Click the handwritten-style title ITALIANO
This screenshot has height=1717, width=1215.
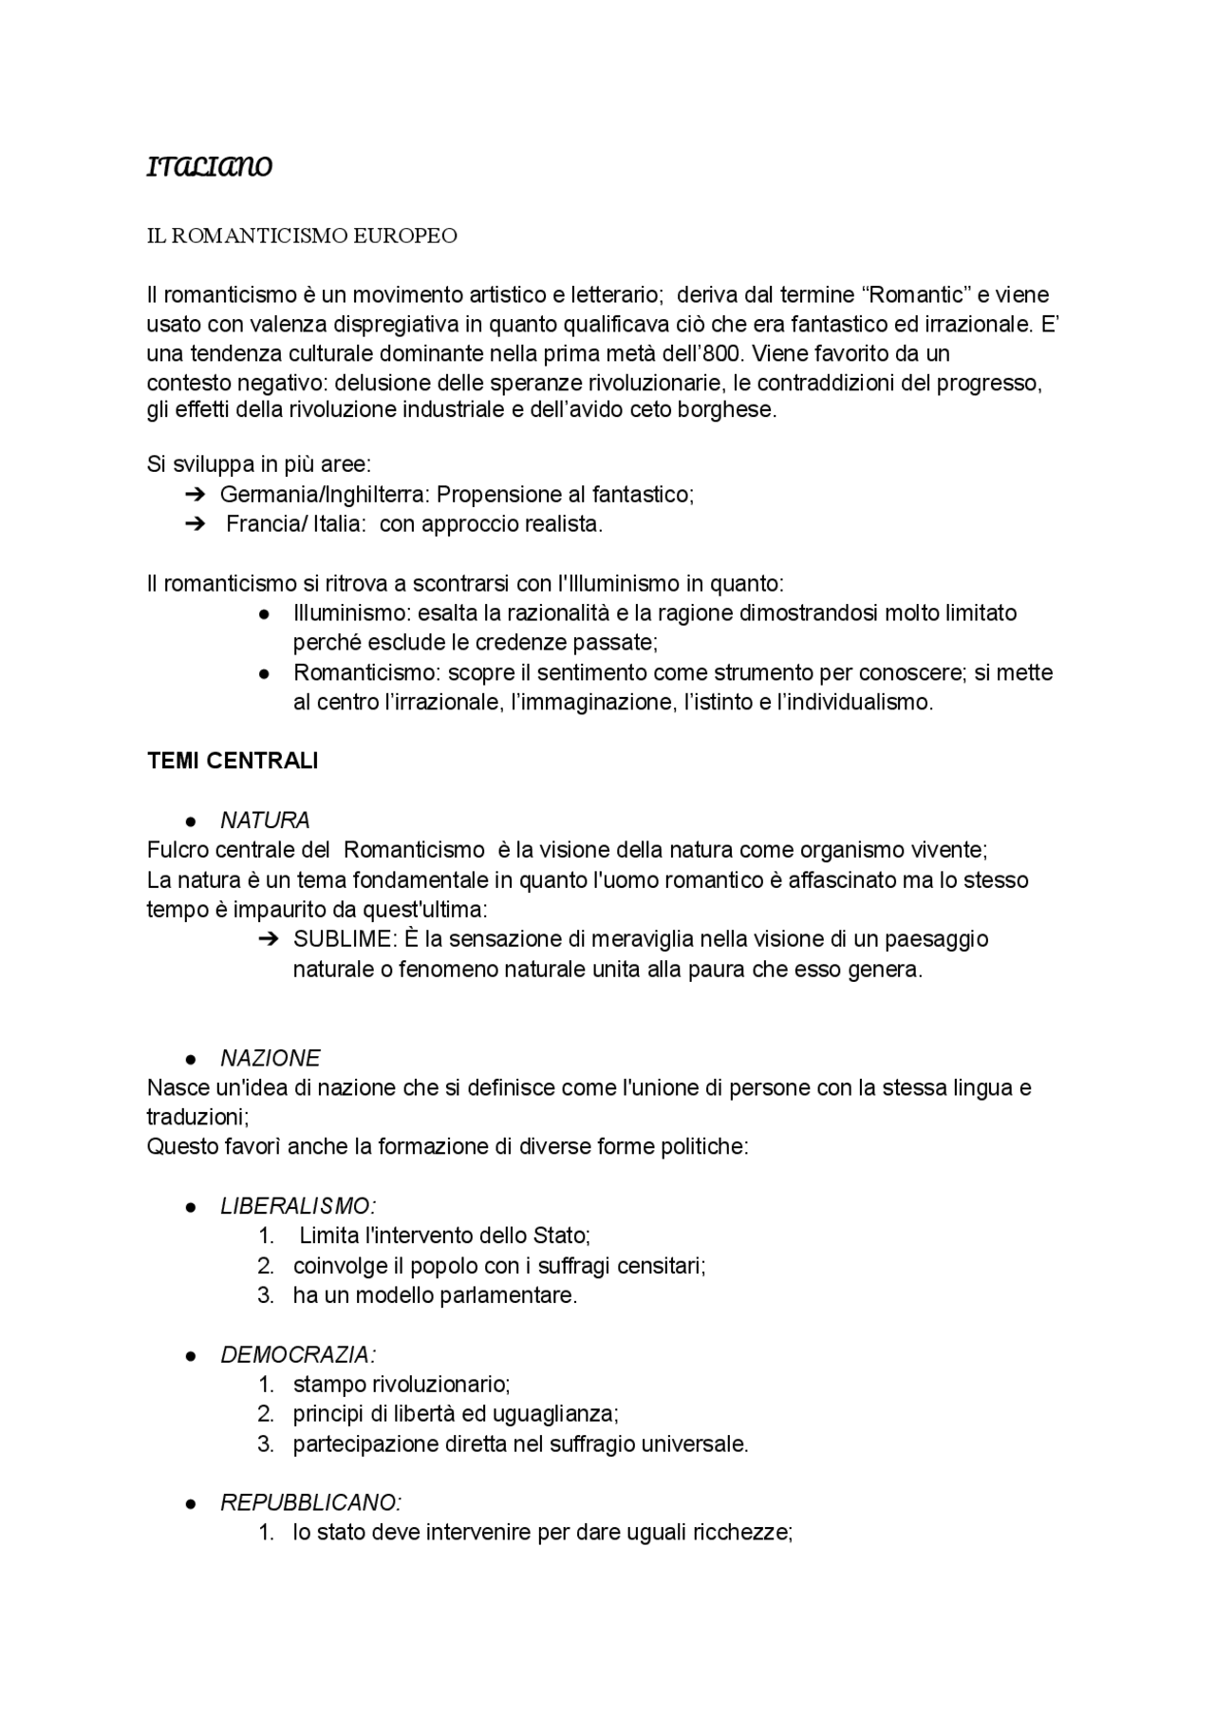point(210,168)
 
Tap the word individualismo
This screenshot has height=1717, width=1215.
point(853,703)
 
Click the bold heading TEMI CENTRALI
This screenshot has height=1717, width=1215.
point(233,761)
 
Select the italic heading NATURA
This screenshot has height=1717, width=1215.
point(265,821)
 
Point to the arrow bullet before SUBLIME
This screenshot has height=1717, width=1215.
point(267,939)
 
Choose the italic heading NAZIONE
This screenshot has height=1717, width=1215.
point(271,1058)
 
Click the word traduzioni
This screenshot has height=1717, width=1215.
point(196,1117)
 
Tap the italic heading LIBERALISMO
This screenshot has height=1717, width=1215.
point(297,1206)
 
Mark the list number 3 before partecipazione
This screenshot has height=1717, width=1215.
point(266,1444)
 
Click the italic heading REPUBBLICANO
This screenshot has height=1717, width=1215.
point(310,1503)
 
